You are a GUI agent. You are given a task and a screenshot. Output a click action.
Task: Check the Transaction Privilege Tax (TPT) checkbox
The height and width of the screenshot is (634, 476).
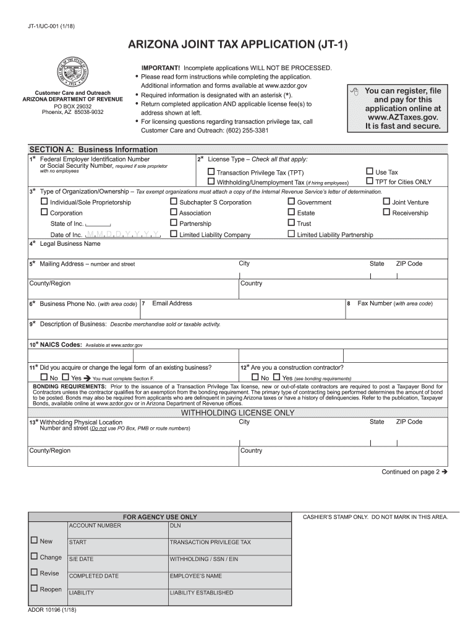(211, 172)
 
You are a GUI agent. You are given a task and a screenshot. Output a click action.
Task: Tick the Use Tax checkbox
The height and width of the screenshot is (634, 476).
(370, 172)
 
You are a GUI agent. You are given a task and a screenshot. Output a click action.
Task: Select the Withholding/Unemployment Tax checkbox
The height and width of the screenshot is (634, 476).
(211, 182)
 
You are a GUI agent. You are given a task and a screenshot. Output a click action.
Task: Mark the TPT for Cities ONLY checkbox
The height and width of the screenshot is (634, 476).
(370, 181)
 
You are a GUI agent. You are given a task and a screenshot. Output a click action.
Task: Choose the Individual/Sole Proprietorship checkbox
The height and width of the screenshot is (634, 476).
(45, 202)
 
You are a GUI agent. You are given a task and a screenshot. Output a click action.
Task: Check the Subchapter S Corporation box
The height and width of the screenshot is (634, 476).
(174, 202)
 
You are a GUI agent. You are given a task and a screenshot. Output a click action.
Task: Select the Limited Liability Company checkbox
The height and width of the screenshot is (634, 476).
(174, 234)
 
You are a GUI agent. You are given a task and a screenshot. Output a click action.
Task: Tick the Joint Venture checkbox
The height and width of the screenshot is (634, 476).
(386, 201)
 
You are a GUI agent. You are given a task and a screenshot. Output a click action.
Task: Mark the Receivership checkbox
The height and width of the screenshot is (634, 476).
(386, 212)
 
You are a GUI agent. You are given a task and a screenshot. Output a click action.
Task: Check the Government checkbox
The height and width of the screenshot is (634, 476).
(291, 202)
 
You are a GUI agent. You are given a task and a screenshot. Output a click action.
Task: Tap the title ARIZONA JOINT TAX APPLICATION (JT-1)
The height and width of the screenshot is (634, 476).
(238, 45)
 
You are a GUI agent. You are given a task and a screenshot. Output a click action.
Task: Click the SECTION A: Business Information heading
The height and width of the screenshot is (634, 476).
(93, 149)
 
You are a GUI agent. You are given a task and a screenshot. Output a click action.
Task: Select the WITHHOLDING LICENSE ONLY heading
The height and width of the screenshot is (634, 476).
(237, 412)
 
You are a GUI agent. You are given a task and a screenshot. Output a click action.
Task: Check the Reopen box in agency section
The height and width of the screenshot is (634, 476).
(34, 589)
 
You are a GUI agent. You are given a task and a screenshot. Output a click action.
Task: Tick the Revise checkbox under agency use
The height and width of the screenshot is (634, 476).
(34, 573)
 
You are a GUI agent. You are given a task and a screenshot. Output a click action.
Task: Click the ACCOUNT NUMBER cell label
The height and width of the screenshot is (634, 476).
(95, 526)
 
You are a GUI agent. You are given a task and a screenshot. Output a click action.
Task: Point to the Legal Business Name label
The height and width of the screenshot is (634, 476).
(70, 244)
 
